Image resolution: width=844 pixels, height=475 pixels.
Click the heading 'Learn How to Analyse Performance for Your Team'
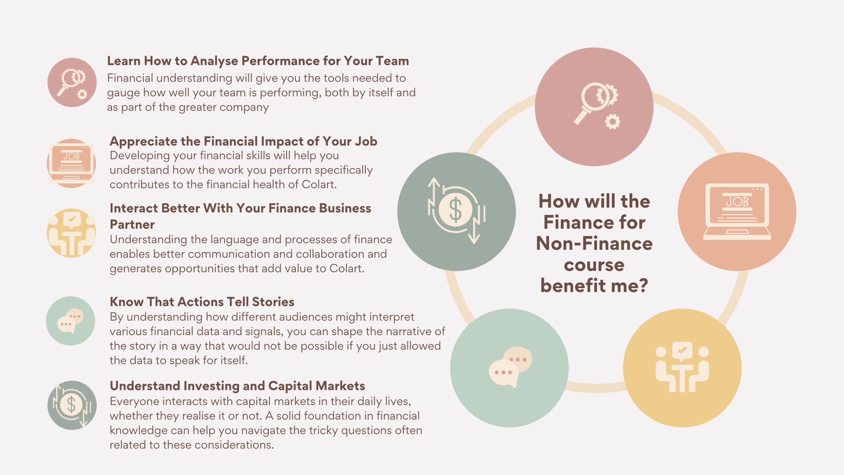click(258, 61)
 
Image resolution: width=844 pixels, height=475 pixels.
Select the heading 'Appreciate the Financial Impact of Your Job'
click(244, 141)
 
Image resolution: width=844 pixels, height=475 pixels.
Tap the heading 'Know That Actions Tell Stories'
click(202, 302)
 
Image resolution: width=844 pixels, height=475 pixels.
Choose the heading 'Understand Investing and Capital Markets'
click(237, 386)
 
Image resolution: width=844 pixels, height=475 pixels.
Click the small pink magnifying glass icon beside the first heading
click(72, 83)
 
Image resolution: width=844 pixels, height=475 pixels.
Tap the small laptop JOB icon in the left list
click(71, 164)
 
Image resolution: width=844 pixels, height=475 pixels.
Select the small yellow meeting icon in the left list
click(71, 233)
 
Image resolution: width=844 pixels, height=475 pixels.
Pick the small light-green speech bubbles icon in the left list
click(70, 321)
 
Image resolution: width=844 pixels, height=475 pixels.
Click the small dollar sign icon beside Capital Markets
click(72, 405)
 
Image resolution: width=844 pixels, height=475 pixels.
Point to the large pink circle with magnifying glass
click(594, 107)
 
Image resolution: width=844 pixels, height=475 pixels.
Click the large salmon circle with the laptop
click(737, 212)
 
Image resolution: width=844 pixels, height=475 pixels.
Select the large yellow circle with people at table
click(682, 368)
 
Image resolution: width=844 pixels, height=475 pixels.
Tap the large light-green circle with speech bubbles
click(509, 368)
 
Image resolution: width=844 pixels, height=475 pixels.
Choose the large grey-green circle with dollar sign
click(457, 212)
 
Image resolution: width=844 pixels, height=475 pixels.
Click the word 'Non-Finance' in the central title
click(594, 244)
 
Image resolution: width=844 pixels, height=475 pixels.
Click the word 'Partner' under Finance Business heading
click(132, 225)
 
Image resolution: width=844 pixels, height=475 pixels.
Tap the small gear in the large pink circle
click(612, 121)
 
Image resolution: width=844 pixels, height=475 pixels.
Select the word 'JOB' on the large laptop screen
click(737, 202)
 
